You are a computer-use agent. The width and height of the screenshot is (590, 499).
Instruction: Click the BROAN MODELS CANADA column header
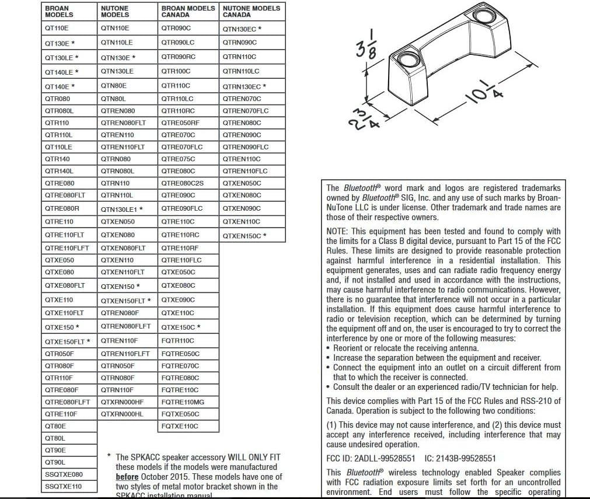point(188,11)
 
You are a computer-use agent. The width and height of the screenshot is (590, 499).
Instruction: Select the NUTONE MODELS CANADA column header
point(251,11)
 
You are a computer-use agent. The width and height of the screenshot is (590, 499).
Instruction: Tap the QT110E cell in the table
point(57,27)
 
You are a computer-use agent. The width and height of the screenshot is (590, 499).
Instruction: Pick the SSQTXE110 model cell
point(64,486)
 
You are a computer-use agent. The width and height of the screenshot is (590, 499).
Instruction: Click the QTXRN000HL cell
point(122,414)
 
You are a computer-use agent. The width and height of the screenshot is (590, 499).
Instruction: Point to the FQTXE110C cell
point(180,426)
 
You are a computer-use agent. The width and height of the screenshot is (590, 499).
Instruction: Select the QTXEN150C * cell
point(244,236)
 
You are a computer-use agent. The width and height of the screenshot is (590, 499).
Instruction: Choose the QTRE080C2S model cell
point(183,183)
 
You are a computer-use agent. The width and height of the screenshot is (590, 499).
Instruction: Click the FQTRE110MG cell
point(183,402)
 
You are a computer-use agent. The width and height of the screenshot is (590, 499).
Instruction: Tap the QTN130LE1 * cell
point(121,209)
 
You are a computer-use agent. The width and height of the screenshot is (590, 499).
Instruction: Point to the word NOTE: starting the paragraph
point(337,232)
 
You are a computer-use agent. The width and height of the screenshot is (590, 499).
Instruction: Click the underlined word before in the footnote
point(127,477)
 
